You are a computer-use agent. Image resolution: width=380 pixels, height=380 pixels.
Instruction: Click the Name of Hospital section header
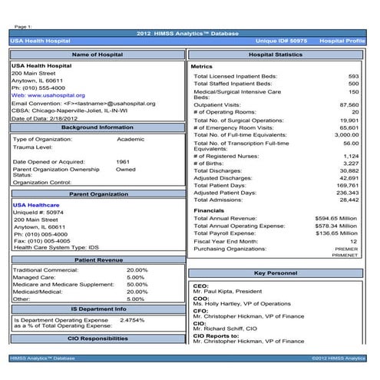[96, 55]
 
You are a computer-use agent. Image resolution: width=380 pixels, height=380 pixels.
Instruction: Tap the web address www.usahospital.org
[48, 94]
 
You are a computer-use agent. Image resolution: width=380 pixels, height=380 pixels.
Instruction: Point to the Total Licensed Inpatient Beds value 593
[353, 77]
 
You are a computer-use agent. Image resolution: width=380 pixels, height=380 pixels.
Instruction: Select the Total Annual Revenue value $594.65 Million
[336, 218]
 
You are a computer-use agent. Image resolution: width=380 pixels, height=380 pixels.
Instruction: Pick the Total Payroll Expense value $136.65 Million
[336, 233]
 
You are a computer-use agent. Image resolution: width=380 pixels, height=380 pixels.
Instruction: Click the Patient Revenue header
[96, 260]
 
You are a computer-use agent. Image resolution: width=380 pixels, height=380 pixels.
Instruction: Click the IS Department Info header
[96, 309]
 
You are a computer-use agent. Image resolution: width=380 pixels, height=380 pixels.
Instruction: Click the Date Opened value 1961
[123, 162]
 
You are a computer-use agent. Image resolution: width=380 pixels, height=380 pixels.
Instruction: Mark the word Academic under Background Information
[131, 139]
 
